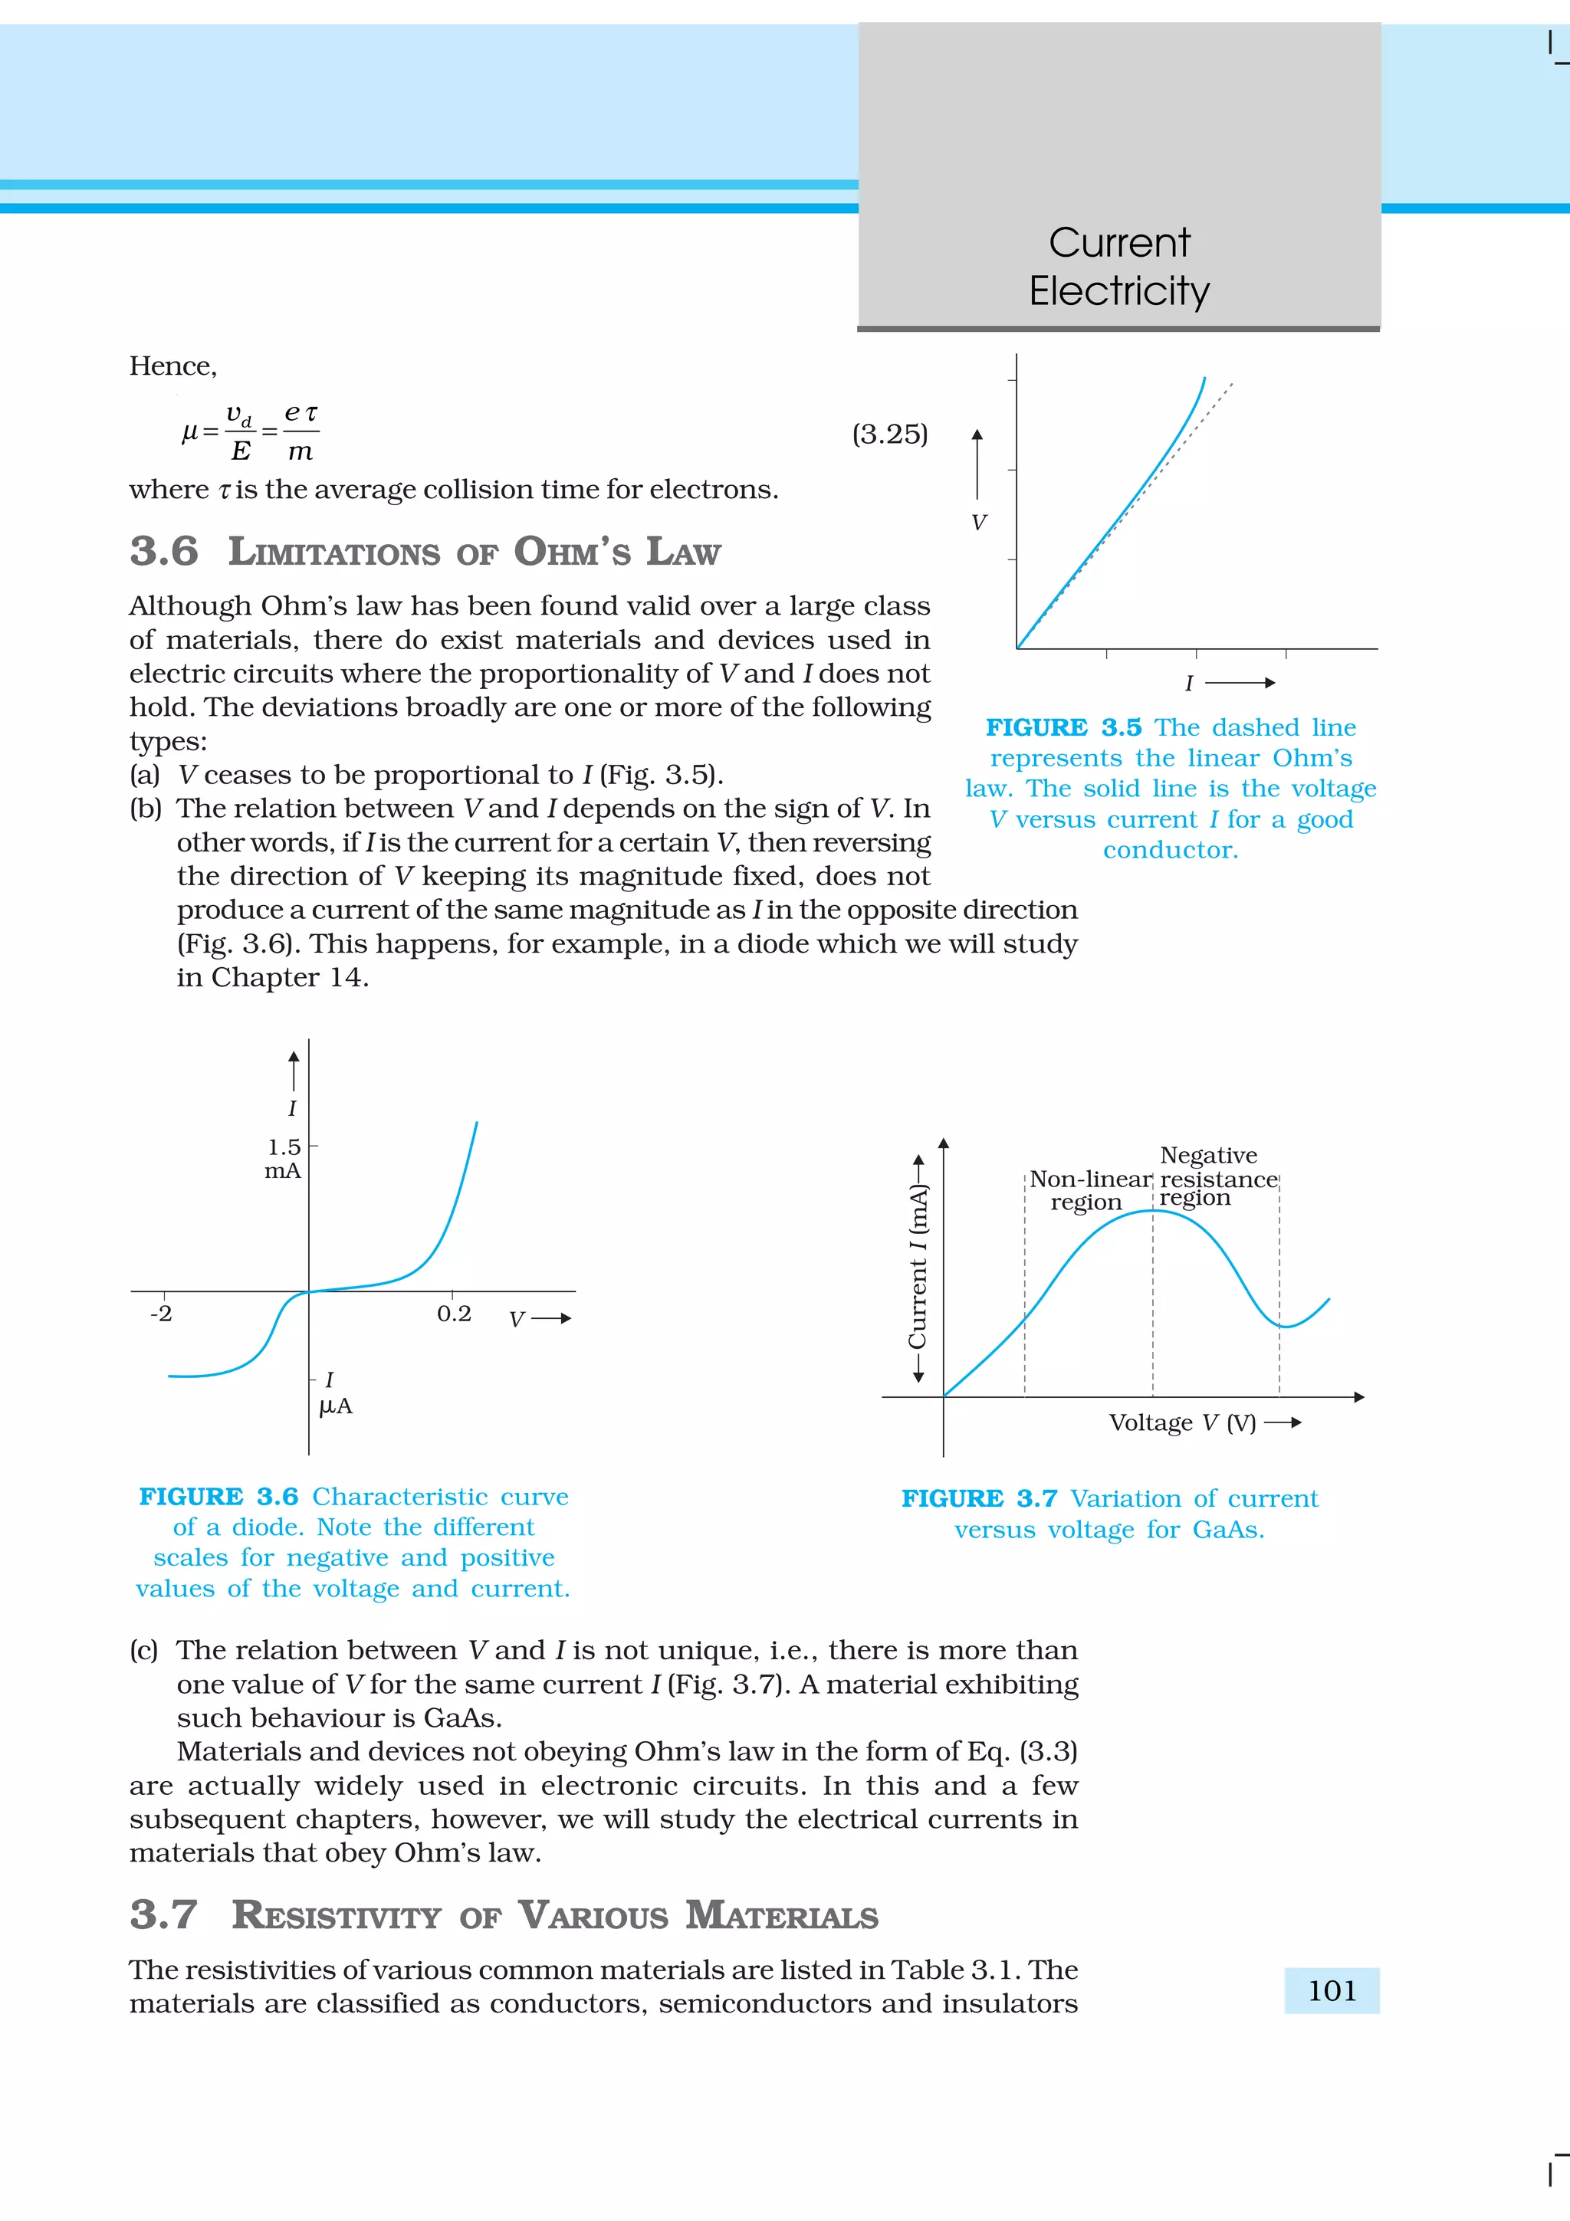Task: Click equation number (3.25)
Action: click(x=889, y=435)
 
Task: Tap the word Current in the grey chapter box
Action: click(x=1118, y=243)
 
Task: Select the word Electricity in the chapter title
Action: click(x=1118, y=291)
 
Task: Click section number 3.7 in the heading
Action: click(x=163, y=1915)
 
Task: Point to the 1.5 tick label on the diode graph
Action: click(x=284, y=1147)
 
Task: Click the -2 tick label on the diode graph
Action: click(x=160, y=1314)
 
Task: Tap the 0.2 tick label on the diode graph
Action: click(x=454, y=1314)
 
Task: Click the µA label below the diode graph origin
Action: click(x=336, y=1406)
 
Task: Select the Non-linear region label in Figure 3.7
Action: click(x=1089, y=1191)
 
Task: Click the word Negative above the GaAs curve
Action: click(x=1208, y=1155)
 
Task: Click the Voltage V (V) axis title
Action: click(x=1182, y=1423)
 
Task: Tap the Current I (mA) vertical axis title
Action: click(x=917, y=1267)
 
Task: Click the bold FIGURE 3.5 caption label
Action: click(x=1063, y=727)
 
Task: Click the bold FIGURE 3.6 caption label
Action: click(x=218, y=1497)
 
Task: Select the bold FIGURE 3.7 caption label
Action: click(x=979, y=1498)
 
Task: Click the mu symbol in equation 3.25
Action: click(x=189, y=432)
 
